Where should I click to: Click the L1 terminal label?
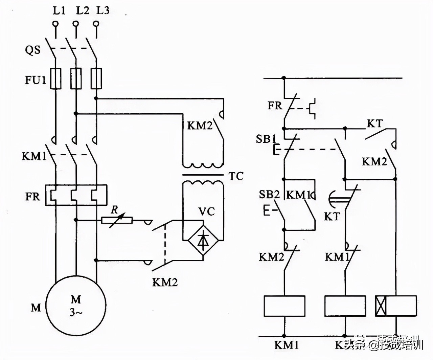click(59, 10)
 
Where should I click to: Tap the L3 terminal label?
click(103, 10)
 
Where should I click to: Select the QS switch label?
click(32, 50)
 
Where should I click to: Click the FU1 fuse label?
click(35, 80)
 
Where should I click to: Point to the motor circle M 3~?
click(76, 306)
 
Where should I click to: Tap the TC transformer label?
click(236, 176)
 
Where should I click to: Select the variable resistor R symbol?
click(117, 220)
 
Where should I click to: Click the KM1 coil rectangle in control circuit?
click(284, 306)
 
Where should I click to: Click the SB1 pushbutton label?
click(266, 139)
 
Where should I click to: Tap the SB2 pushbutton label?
click(269, 195)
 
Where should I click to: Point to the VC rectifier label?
click(206, 212)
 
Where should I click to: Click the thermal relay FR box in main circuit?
click(76, 195)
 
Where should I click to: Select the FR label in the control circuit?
click(275, 106)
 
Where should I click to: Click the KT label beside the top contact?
click(374, 124)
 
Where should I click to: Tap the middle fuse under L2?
click(76, 78)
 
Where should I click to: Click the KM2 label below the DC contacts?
click(165, 282)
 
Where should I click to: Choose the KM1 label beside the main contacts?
click(34, 156)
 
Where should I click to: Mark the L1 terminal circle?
click(55, 24)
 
